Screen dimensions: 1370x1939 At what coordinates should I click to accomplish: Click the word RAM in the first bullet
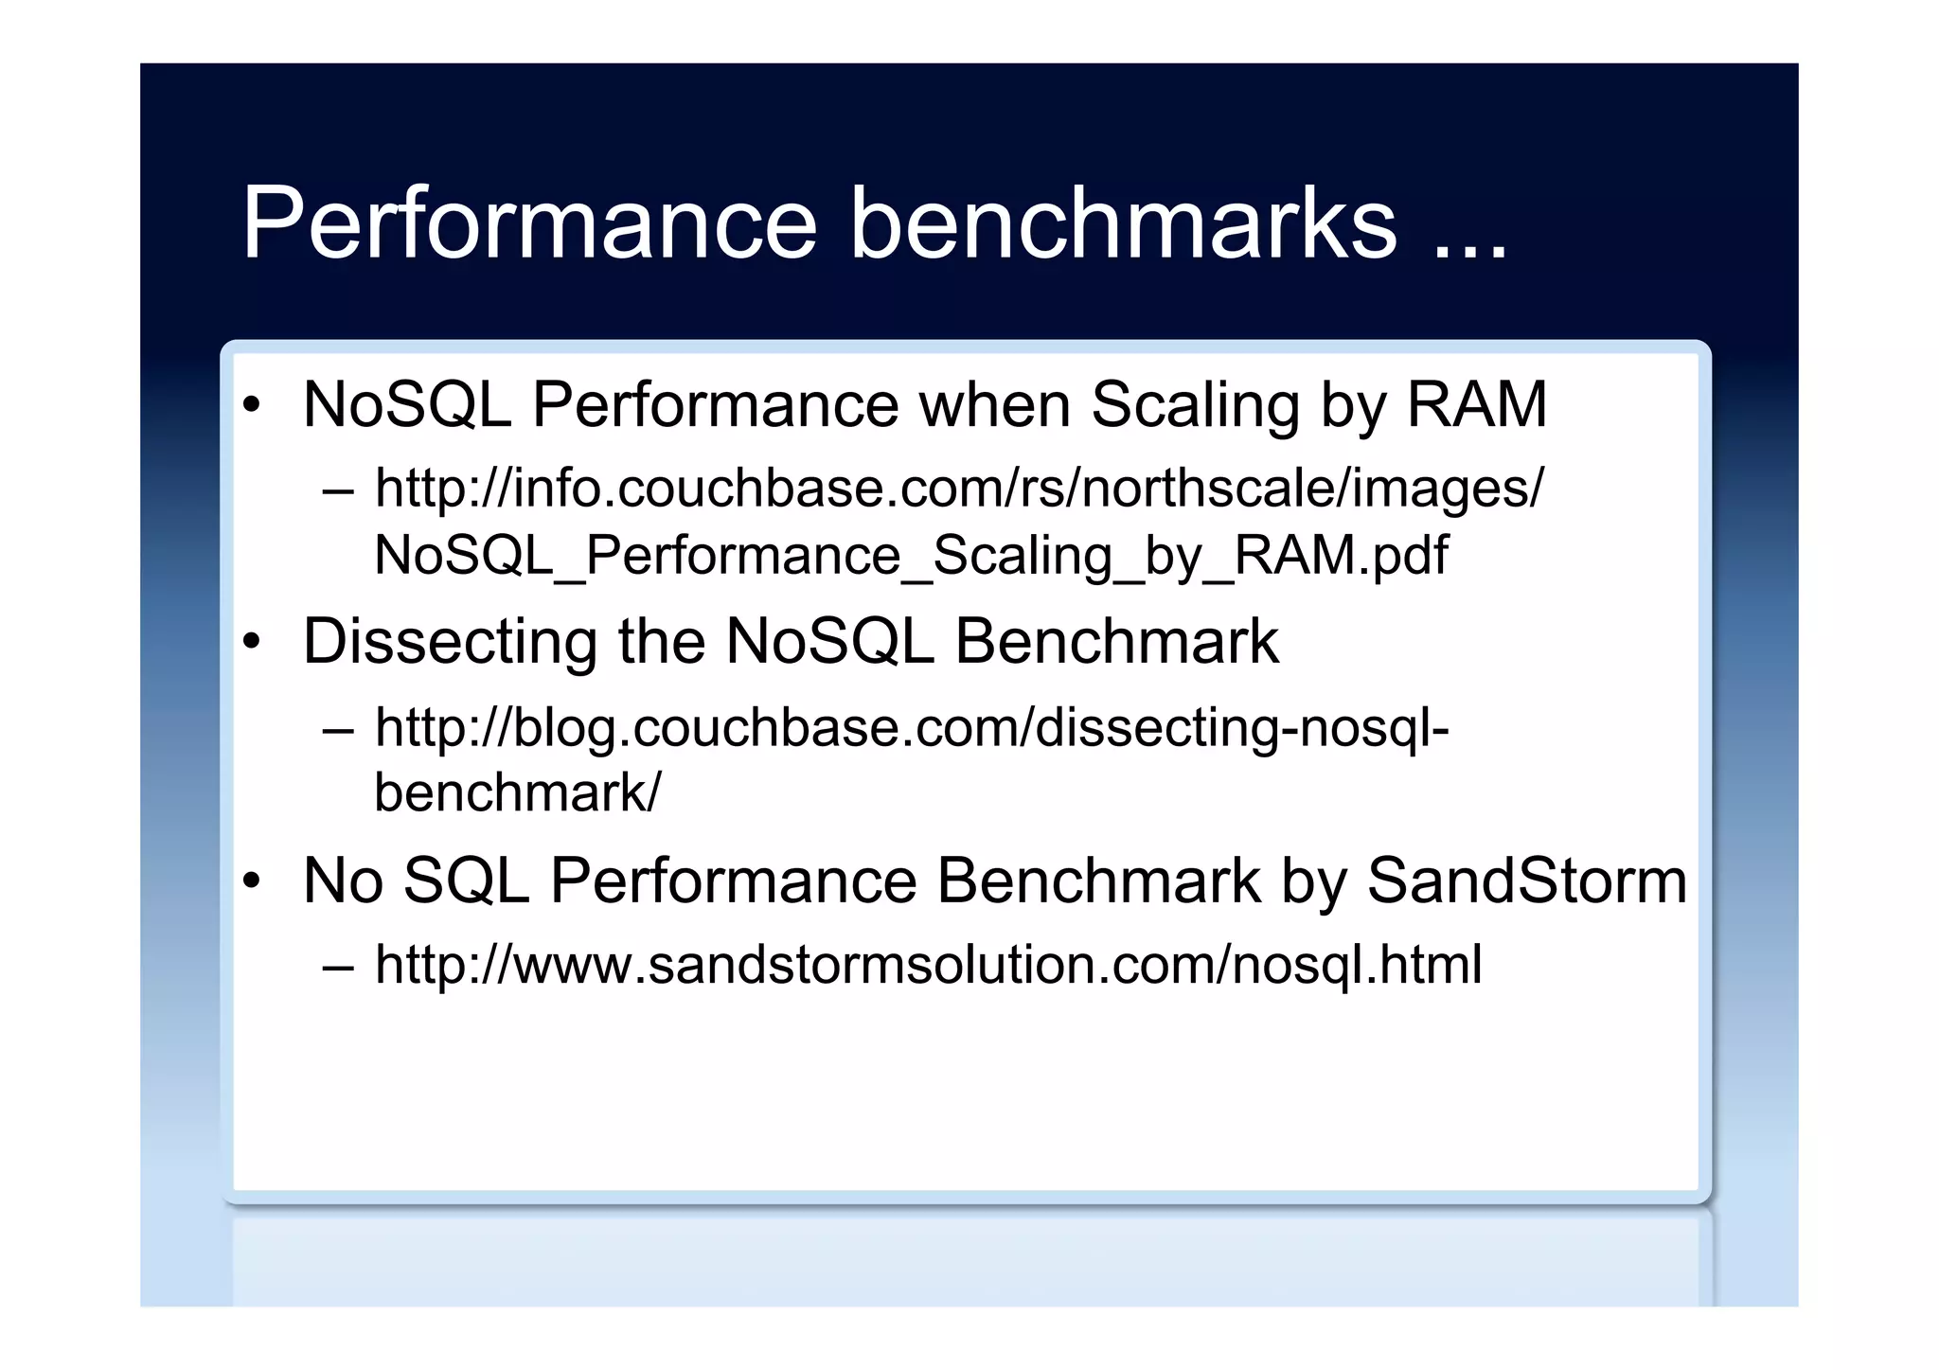tap(1477, 405)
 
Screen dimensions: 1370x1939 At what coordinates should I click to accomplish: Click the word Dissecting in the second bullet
tap(450, 643)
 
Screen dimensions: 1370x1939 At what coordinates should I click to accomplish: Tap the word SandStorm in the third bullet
tap(1526, 881)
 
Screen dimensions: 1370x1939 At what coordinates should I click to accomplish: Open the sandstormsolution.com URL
tap(928, 965)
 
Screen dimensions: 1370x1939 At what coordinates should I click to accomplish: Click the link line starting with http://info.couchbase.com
tap(958, 489)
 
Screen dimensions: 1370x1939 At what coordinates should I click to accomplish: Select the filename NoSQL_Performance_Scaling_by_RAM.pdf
tap(911, 555)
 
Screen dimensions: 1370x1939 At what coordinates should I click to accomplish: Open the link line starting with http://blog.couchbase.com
tap(912, 728)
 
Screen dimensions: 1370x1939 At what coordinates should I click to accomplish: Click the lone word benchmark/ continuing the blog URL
tap(517, 792)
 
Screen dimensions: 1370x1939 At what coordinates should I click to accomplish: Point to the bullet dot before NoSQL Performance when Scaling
tap(251, 406)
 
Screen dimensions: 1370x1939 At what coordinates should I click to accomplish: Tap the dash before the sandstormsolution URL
tap(338, 968)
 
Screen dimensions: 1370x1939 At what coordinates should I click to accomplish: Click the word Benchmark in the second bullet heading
tap(1116, 643)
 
